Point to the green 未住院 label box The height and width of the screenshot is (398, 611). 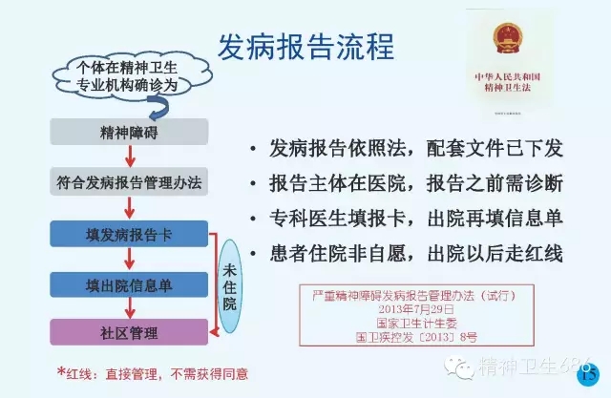230,284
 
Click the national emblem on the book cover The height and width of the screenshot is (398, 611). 513,40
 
